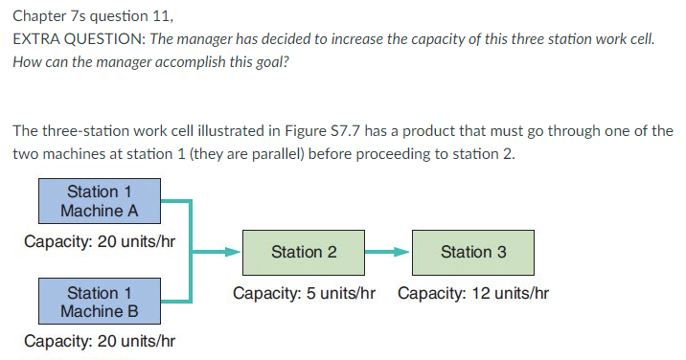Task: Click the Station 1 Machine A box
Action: (98, 201)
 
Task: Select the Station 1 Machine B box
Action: (98, 301)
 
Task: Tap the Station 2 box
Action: (304, 252)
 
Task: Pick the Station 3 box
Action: (473, 252)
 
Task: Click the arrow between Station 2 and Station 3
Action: (388, 253)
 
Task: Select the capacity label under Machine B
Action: (99, 341)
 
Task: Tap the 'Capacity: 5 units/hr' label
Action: (304, 292)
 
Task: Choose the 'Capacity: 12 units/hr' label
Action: (473, 292)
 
